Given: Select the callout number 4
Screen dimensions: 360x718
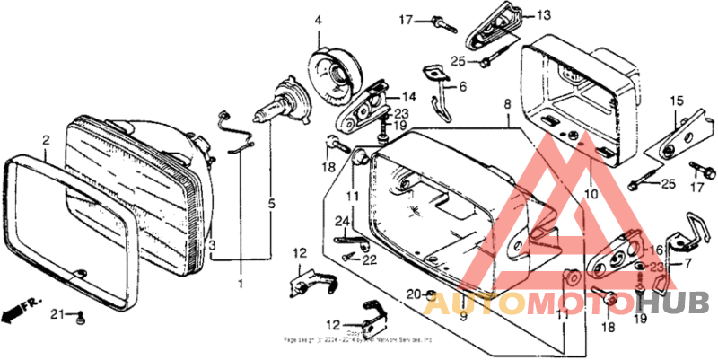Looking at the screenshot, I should point(318,21).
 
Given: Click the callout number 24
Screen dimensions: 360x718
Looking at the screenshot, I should point(341,221).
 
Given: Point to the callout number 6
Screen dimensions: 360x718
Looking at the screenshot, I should point(463,87).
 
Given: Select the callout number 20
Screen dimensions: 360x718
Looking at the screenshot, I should point(412,294).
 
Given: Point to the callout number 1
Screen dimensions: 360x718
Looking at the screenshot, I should point(240,285).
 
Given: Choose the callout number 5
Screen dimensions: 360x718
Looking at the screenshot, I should point(271,204).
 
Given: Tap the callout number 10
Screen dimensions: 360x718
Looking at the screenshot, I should point(590,193).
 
